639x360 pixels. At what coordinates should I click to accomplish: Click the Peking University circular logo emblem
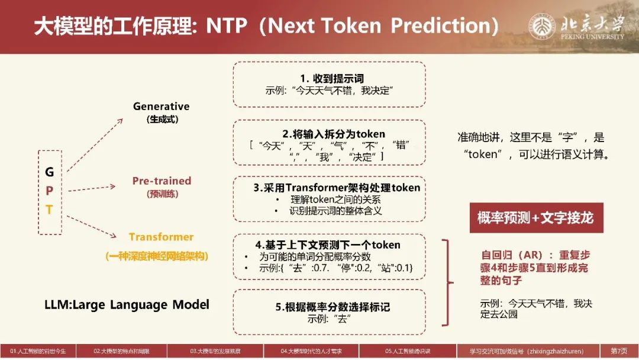[x=542, y=26]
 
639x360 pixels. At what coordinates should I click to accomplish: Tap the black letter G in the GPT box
[x=49, y=172]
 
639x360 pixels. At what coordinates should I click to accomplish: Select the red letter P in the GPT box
[x=49, y=191]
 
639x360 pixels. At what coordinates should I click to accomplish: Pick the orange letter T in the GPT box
[x=49, y=210]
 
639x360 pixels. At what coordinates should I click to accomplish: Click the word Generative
[x=162, y=107]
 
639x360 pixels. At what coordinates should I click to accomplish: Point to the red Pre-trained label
[x=162, y=181]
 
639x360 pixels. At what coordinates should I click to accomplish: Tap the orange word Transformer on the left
[x=162, y=237]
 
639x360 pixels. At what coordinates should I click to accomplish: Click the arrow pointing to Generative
[x=95, y=145]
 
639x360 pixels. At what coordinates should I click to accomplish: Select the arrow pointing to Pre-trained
[x=92, y=188]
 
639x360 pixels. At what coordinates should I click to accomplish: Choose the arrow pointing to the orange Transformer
[x=92, y=227]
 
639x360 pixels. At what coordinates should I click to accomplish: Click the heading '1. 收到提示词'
[x=332, y=78]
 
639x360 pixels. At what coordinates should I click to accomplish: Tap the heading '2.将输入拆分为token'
[x=334, y=134]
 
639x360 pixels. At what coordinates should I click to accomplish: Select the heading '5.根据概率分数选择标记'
[x=333, y=307]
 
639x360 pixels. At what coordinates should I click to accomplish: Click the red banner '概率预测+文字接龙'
[x=536, y=218]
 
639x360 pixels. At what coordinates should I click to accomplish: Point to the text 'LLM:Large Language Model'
[x=127, y=304]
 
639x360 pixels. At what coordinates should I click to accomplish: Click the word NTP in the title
[x=227, y=25]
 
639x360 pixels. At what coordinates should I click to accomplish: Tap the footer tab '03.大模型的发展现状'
[x=215, y=351]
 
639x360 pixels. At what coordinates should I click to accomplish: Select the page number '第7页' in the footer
[x=619, y=351]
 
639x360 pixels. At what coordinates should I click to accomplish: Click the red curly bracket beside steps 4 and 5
[x=448, y=282]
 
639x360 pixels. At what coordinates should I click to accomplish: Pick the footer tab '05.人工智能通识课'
[x=408, y=351]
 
